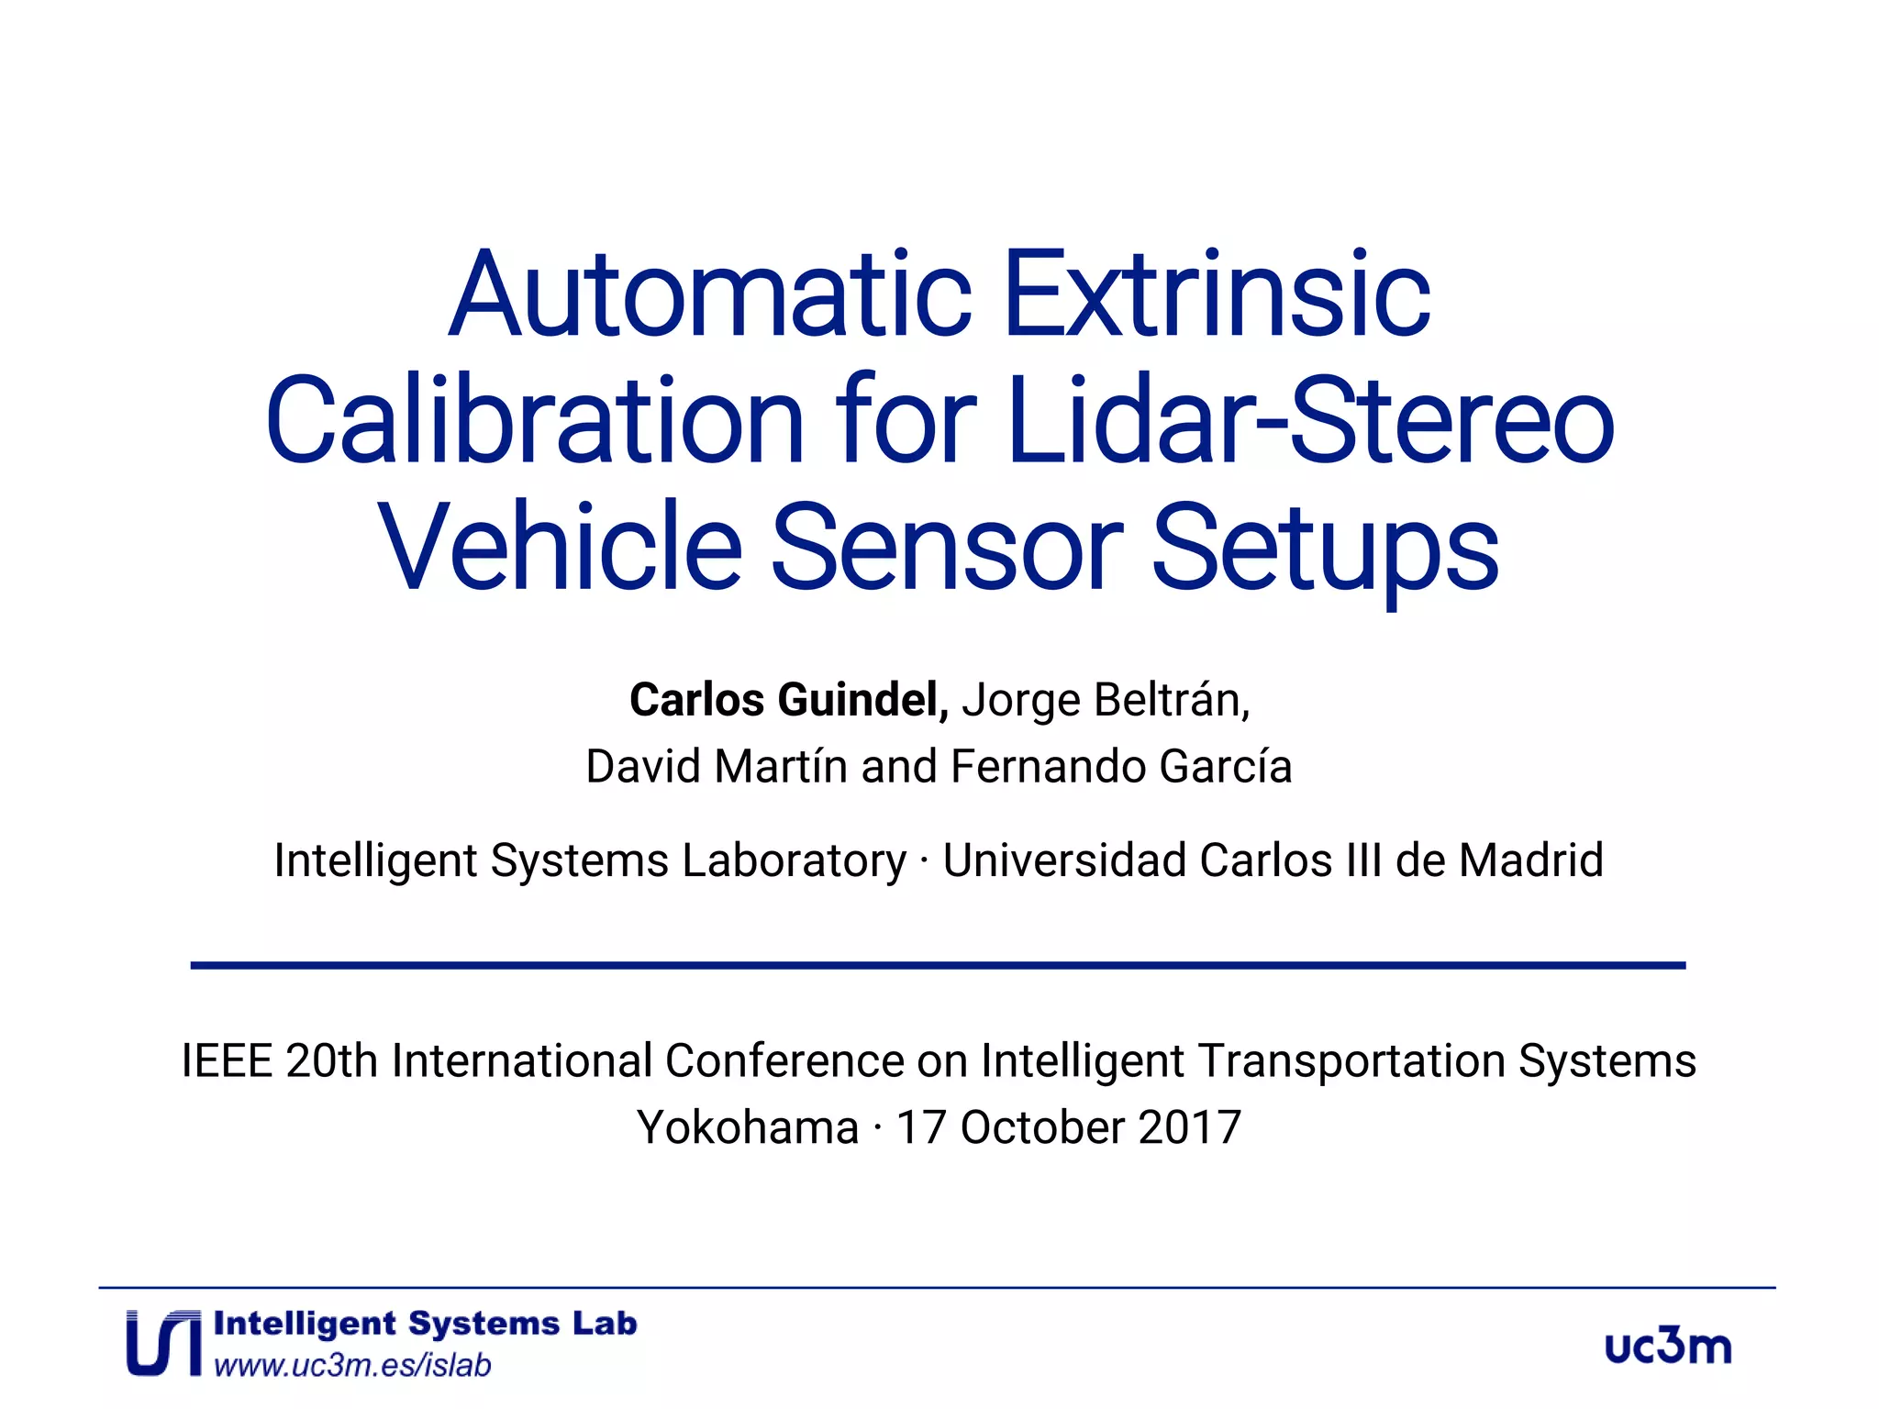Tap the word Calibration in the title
coord(535,421)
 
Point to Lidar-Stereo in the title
coord(1310,421)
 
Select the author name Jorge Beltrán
coord(1106,700)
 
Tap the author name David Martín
coord(717,767)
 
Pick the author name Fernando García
coord(1121,767)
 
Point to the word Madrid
coord(1530,860)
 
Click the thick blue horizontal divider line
coord(938,965)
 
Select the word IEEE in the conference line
coord(227,1061)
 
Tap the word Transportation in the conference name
coord(1351,1062)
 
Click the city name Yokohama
coord(748,1127)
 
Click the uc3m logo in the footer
coord(1668,1346)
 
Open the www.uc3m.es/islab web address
coord(352,1366)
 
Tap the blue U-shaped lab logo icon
coord(163,1343)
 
